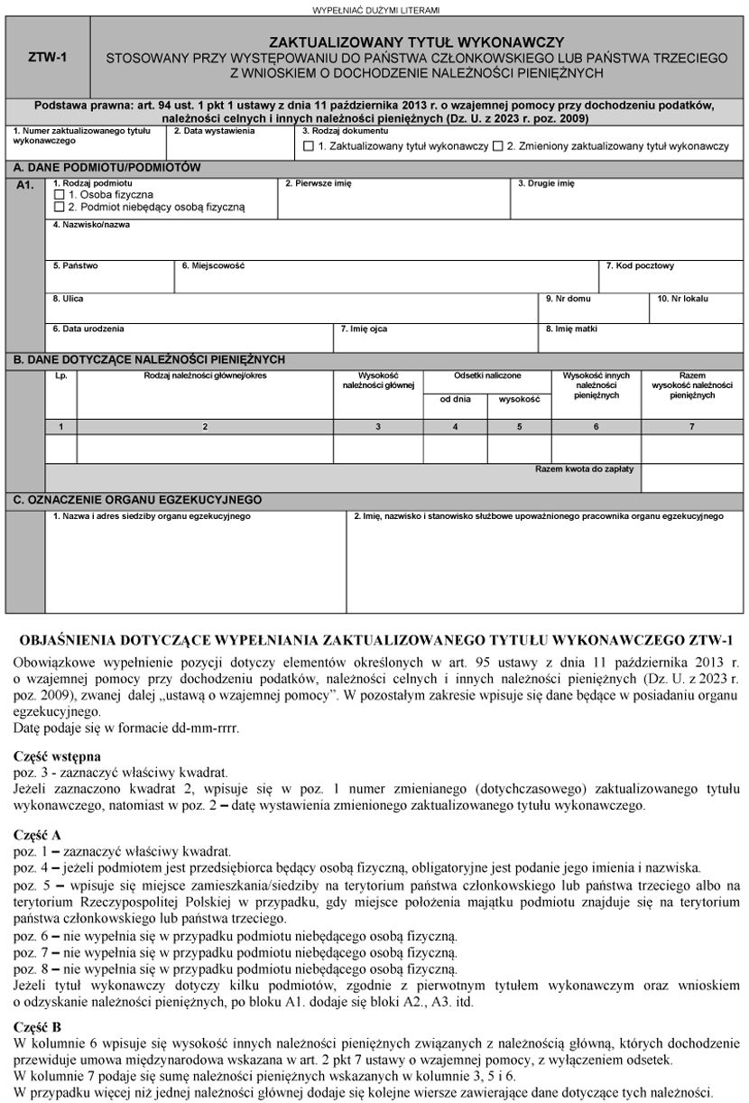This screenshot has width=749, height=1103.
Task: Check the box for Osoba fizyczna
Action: pos(60,194)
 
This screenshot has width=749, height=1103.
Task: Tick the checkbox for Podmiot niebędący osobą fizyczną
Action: pos(60,207)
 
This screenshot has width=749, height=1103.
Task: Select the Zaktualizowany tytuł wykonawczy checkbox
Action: pos(309,146)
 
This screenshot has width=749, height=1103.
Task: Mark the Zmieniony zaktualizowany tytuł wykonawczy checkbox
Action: pos(497,146)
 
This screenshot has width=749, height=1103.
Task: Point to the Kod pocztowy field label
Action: pos(639,266)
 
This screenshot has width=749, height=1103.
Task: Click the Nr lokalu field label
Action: pos(683,298)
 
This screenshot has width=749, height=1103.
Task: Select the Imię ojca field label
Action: pos(364,329)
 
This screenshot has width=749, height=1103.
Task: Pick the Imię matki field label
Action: pos(571,329)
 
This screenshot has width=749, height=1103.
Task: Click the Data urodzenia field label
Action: pos(88,329)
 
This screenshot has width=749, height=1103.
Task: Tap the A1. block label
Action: pos(25,185)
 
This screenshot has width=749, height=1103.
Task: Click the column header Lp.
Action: pos(60,375)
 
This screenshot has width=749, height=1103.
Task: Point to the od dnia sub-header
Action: pos(455,398)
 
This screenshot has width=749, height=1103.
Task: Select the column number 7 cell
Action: pos(691,426)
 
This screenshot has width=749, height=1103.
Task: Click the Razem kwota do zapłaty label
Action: pos(585,469)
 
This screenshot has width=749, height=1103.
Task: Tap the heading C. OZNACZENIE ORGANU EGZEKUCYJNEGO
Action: pos(136,499)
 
